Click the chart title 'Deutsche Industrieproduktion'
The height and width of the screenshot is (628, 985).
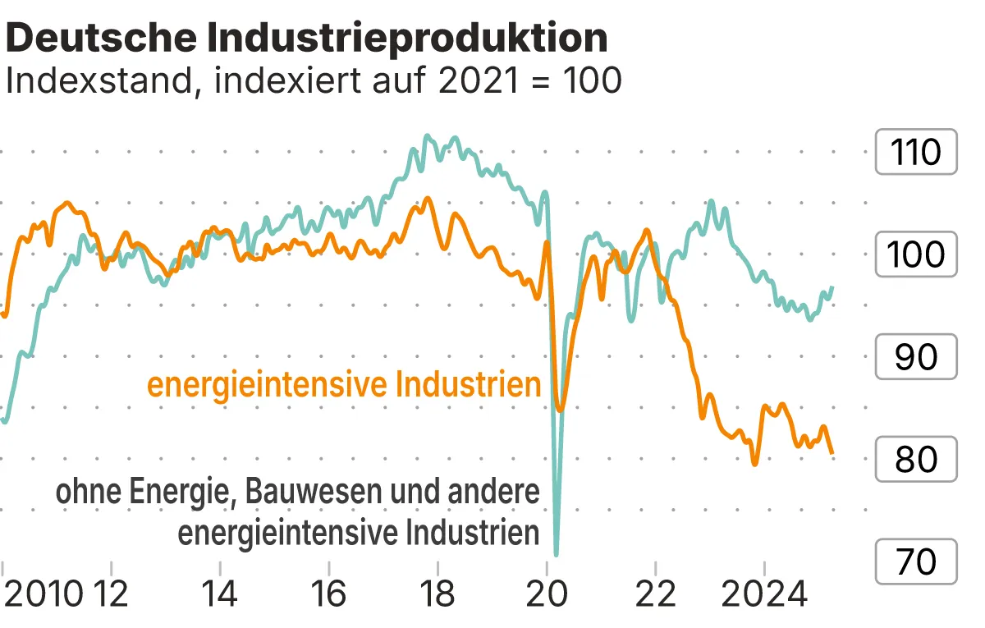(307, 38)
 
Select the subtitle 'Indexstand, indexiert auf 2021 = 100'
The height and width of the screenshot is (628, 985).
(313, 80)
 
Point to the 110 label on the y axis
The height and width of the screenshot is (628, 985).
(916, 153)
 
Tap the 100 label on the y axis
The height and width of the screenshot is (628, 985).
(916, 254)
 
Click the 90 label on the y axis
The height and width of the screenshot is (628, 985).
(916, 357)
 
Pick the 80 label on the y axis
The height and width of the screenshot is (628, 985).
(916, 460)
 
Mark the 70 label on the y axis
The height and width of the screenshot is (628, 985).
(916, 562)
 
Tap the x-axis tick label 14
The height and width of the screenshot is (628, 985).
(219, 594)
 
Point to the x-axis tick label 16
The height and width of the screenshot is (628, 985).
(328, 594)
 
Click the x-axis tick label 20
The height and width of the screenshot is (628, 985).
(547, 594)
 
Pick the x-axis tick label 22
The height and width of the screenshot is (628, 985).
(656, 594)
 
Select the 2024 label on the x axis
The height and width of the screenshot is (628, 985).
(764, 594)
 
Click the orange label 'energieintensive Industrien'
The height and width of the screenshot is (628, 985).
(344, 385)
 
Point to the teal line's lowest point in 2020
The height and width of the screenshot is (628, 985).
(557, 554)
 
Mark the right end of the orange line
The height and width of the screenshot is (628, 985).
(832, 452)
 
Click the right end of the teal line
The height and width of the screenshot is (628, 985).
(832, 287)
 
